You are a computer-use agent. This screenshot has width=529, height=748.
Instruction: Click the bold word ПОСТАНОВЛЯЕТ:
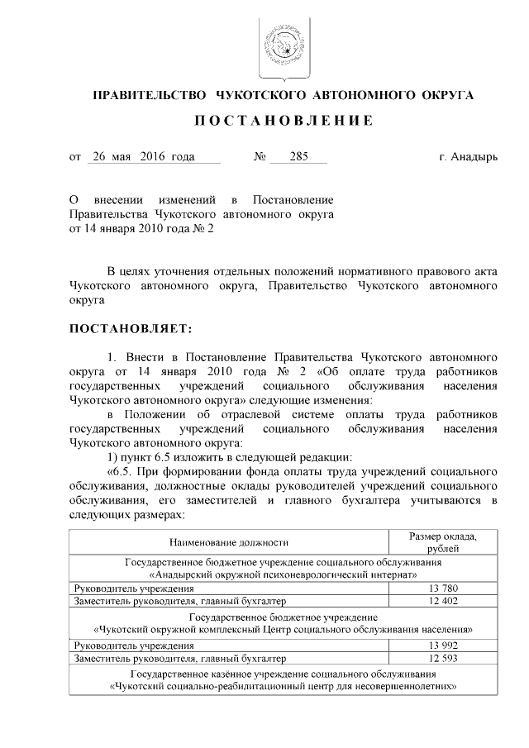click(131, 329)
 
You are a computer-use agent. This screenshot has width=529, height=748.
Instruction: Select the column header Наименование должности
click(229, 542)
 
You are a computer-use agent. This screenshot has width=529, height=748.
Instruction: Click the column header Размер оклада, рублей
click(445, 542)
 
